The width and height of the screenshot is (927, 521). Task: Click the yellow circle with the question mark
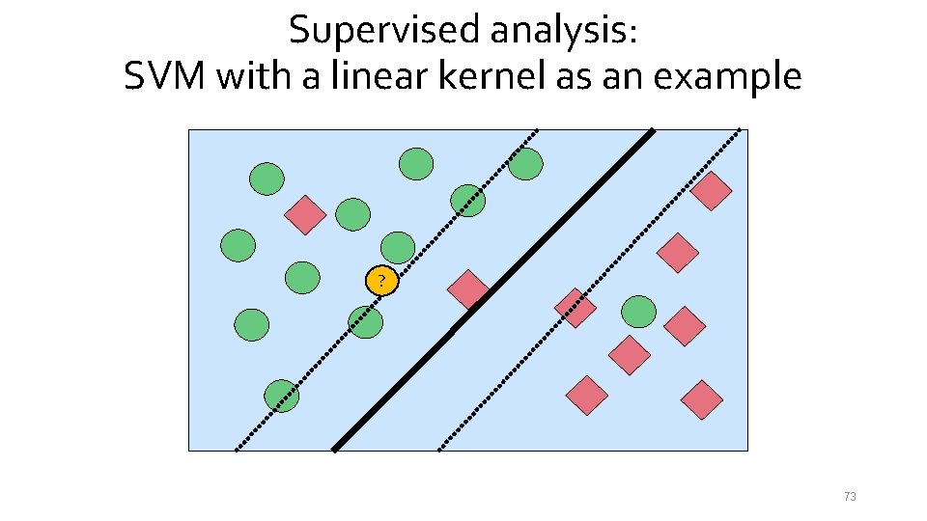[381, 282]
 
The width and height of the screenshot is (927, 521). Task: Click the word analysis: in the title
[563, 30]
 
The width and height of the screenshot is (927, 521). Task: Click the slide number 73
[850, 497]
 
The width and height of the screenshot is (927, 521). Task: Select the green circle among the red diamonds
[638, 312]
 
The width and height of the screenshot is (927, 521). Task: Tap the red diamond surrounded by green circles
[305, 214]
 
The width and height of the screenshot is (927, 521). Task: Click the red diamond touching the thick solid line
[469, 289]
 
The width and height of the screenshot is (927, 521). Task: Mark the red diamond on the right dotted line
[576, 308]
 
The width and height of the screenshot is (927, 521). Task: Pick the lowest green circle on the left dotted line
[282, 396]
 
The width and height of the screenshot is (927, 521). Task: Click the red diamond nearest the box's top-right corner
[712, 191]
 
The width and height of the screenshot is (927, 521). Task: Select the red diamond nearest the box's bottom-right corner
[702, 399]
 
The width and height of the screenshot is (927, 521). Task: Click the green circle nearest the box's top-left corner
[267, 178]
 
